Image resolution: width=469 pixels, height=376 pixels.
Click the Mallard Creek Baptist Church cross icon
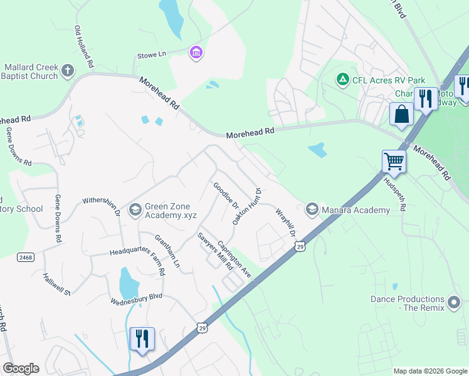(x=68, y=71)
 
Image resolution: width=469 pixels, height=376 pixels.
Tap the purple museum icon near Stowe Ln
(x=196, y=53)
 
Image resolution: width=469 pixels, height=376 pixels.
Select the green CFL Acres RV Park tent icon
(x=342, y=80)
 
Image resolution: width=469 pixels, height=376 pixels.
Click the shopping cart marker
(x=394, y=161)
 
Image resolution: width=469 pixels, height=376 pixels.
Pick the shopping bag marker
(x=401, y=114)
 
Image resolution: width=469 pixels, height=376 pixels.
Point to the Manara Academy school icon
(x=312, y=209)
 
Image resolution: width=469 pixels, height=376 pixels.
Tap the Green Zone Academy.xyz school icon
(x=134, y=210)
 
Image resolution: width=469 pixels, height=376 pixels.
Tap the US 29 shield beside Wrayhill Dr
(x=300, y=247)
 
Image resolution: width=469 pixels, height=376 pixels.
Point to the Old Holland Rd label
(x=84, y=47)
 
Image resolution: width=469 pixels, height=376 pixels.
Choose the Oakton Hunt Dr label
(x=245, y=207)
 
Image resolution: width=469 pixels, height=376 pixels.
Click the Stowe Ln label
(x=152, y=55)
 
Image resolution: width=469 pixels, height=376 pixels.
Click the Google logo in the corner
(x=21, y=368)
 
